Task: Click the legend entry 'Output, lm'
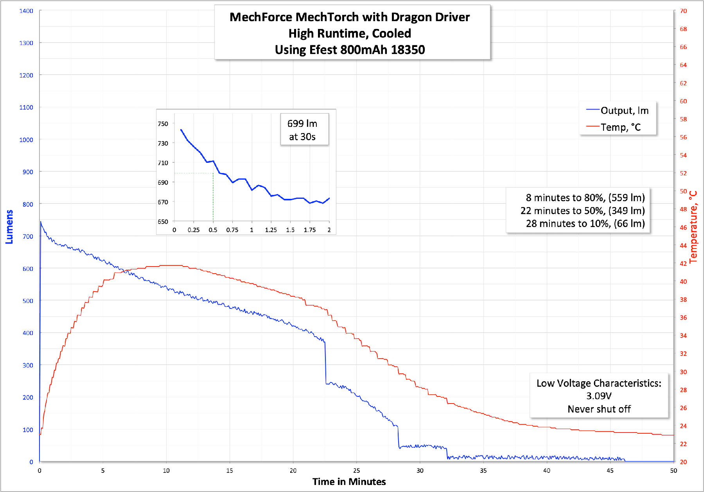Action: (624, 111)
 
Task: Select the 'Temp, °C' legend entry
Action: (620, 127)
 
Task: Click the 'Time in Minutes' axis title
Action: (349, 482)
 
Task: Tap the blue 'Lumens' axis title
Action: (9, 227)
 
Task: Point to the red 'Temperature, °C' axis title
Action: (693, 227)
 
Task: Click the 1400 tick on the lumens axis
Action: (26, 11)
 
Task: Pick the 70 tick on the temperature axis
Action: (683, 11)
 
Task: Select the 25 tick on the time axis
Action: (356, 470)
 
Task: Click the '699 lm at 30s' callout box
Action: (302, 130)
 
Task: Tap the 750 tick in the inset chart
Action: (163, 124)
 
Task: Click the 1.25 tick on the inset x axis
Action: (271, 230)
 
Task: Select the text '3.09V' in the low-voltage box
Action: (599, 396)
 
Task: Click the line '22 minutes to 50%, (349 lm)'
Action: (582, 211)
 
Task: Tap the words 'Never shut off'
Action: (599, 409)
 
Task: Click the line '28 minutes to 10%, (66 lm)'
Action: (585, 223)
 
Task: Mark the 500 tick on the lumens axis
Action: (28, 301)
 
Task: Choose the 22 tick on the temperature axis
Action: (683, 444)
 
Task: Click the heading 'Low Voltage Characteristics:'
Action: (599, 383)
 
